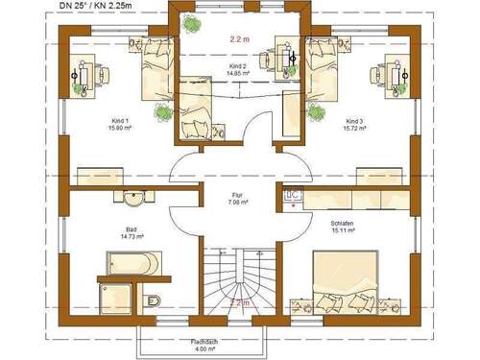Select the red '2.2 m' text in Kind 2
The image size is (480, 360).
[240, 40]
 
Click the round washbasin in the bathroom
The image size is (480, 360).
[132, 199]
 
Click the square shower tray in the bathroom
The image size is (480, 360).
[117, 296]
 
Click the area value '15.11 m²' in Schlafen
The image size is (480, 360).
[341, 230]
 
